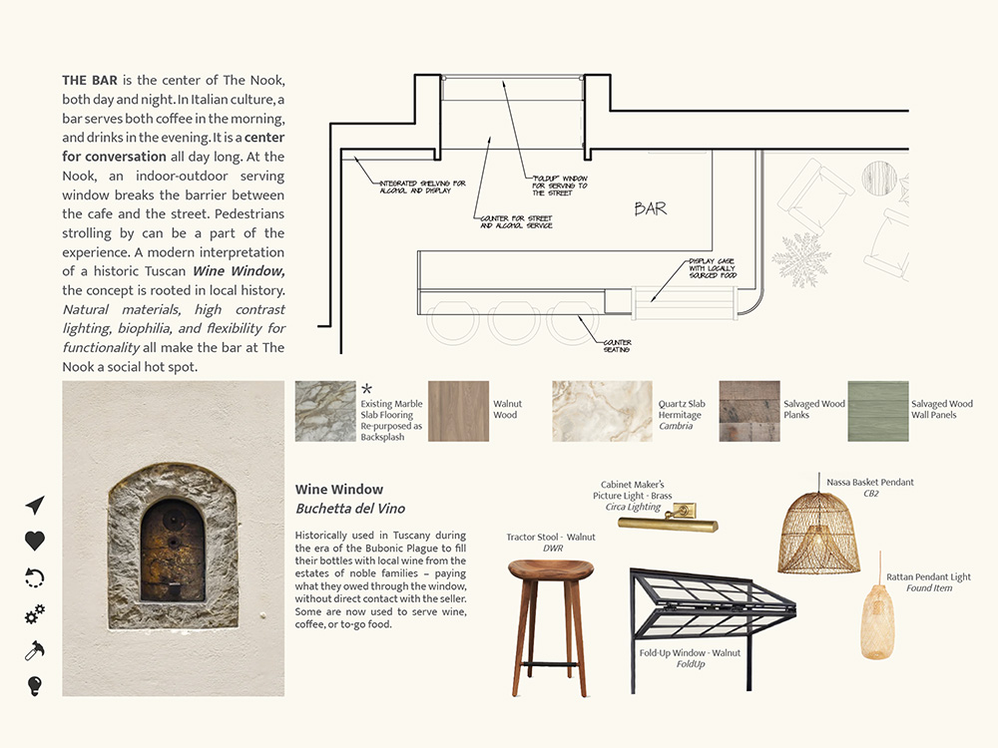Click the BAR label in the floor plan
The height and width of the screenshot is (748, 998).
650,209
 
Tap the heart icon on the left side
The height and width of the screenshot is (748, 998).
35,541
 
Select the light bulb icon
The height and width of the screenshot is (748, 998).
35,685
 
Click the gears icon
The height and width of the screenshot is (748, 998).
35,614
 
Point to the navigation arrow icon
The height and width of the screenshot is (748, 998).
35,505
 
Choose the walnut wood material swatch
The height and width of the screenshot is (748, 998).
458,411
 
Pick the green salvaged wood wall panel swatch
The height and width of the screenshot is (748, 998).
877,411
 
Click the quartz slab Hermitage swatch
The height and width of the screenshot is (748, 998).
601,411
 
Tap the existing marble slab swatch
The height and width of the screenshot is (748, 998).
325,411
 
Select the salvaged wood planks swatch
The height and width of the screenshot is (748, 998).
748,411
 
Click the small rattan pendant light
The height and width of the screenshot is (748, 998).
877,620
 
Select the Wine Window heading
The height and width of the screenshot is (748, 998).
339,490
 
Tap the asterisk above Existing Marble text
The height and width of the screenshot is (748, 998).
366,389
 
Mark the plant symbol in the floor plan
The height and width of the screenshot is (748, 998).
800,259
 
